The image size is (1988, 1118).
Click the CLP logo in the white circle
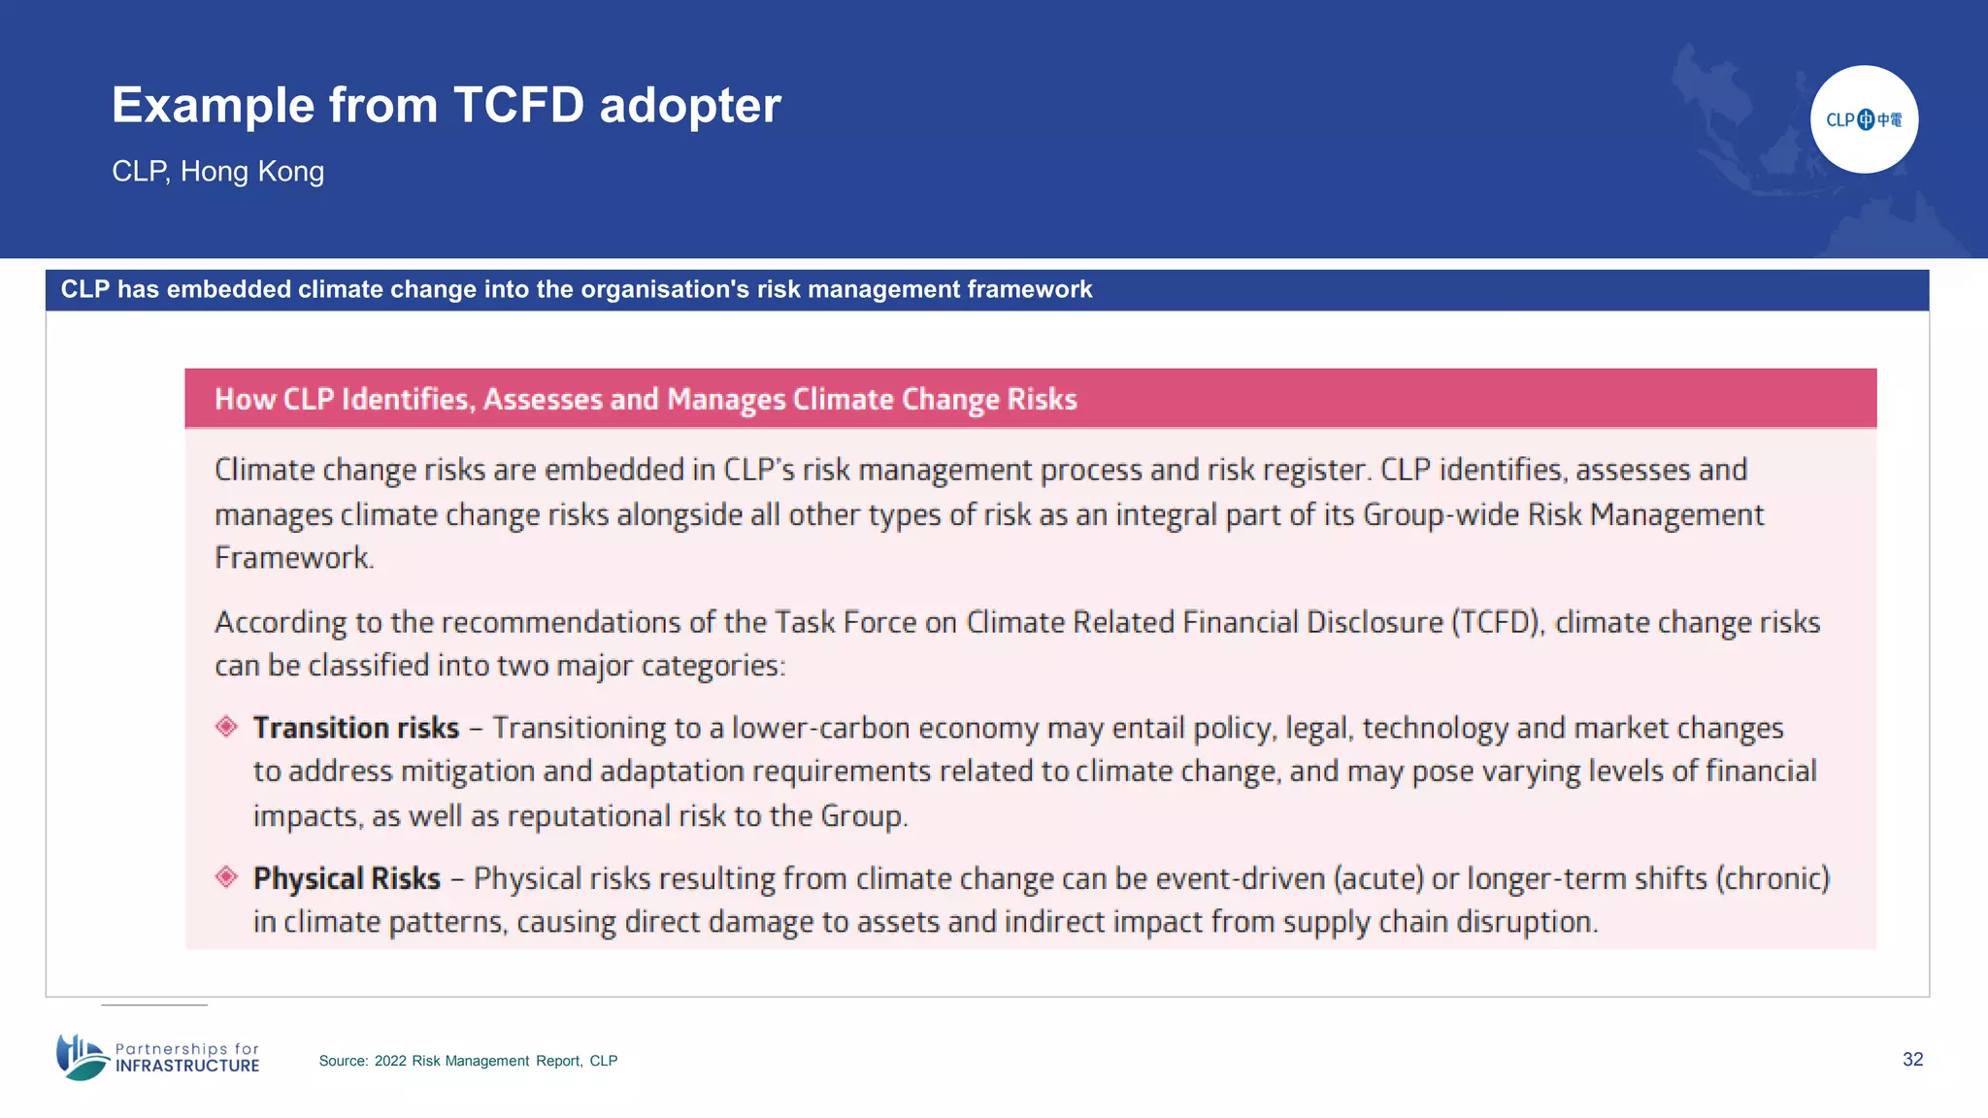point(1864,119)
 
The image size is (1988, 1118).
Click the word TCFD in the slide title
point(518,105)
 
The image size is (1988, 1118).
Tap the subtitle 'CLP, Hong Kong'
point(218,172)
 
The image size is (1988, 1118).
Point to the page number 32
point(1912,1059)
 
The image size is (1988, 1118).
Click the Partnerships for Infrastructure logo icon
point(82,1057)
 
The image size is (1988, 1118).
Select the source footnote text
point(468,1061)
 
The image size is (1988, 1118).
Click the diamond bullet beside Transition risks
point(227,727)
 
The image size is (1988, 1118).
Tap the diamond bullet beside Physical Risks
point(227,877)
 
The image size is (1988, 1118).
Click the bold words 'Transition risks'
point(356,728)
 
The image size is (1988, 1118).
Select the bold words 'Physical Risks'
point(347,878)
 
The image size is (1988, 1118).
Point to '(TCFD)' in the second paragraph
point(1498,622)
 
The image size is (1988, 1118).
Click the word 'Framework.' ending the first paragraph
point(294,558)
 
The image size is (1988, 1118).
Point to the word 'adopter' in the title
point(690,105)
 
